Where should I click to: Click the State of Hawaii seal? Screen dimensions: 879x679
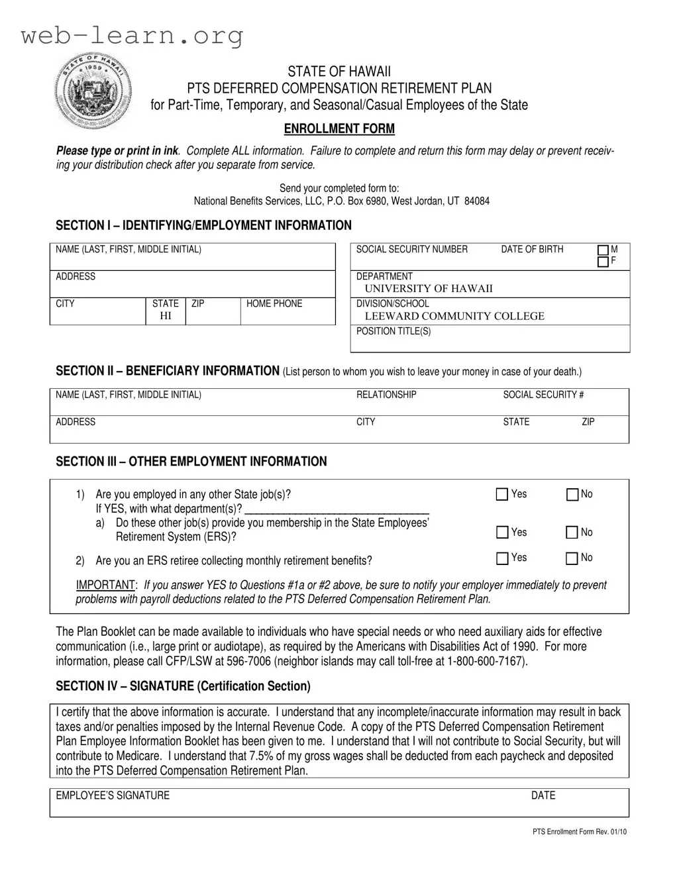click(x=93, y=91)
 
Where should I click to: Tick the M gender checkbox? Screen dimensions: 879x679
click(x=603, y=250)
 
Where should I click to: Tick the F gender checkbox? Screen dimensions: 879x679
click(x=603, y=262)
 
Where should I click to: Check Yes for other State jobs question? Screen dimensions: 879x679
click(x=502, y=494)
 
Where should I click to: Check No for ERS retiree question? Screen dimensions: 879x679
click(x=572, y=558)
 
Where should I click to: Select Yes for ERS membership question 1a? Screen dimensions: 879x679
click(x=502, y=533)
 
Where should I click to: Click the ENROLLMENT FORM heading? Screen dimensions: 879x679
click(x=339, y=129)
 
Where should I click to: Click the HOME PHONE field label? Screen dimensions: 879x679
click(x=274, y=303)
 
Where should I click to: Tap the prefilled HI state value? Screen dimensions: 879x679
click(x=166, y=316)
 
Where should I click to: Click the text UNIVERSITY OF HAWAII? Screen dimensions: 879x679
click(x=429, y=289)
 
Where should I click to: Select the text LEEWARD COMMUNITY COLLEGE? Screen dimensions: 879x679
click(x=454, y=316)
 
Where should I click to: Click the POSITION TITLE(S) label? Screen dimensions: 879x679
click(x=393, y=331)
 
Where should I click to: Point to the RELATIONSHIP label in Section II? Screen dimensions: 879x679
click(x=386, y=395)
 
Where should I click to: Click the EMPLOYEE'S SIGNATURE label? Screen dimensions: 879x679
click(x=113, y=796)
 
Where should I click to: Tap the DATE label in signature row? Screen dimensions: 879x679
click(x=543, y=796)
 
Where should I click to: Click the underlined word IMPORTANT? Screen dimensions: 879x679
click(x=105, y=585)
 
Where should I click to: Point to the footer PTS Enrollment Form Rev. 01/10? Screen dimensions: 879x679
click(x=579, y=832)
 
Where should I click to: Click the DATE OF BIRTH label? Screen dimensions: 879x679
click(x=532, y=249)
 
